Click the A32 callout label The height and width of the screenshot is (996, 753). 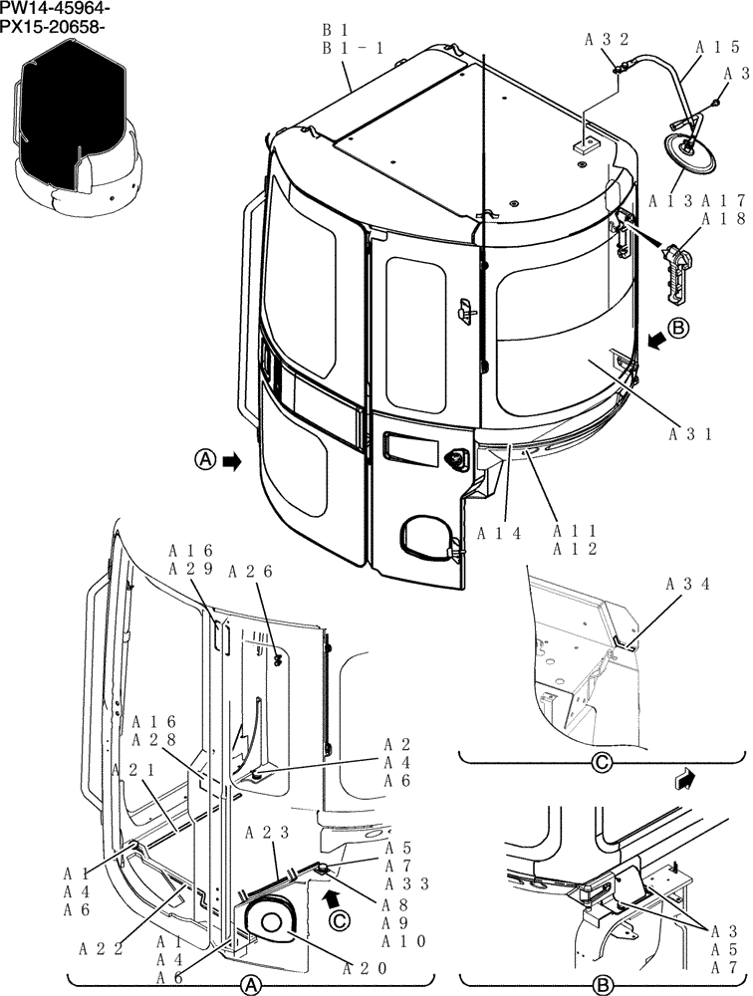click(x=607, y=41)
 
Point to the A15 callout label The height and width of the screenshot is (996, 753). click(x=717, y=46)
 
